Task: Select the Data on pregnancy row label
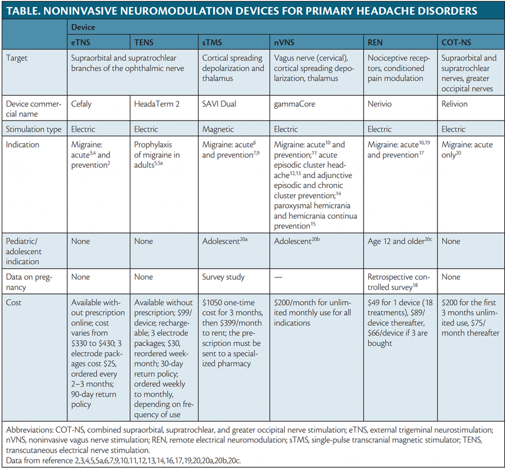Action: [x=32, y=282]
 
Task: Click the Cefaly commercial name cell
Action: [x=83, y=103]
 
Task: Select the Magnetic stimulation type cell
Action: [x=218, y=129]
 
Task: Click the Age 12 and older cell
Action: [x=398, y=241]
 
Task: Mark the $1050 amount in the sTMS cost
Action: [x=214, y=302]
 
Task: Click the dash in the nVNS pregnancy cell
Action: [x=280, y=276]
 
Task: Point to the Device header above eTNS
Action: [x=83, y=27]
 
